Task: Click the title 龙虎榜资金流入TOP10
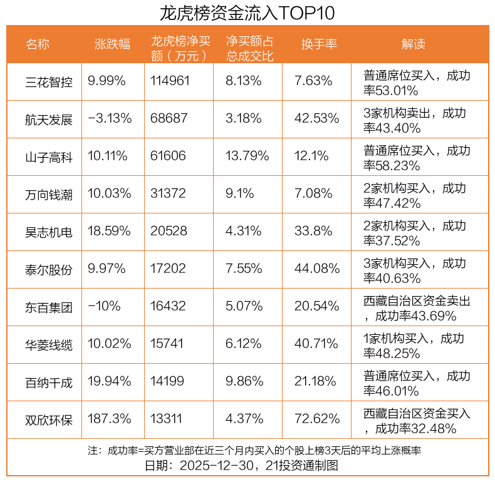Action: pos(247,13)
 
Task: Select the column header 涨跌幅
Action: pos(113,44)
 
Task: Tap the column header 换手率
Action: pos(319,44)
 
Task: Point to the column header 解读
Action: pos(414,44)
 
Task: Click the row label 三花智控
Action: pos(49,81)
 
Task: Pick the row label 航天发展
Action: pos(49,119)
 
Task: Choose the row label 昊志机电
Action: pos(49,232)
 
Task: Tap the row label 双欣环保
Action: pos(49,420)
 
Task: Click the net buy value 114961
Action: pos(170,81)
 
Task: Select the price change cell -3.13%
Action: pos(110,118)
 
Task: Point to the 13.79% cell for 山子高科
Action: pos(247,156)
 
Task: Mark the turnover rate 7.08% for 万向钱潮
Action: pos(316,194)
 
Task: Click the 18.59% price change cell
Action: pos(110,232)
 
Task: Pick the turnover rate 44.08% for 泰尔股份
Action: pos(316,270)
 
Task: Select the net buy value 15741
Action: pos(169,344)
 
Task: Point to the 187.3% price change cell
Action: pos(110,419)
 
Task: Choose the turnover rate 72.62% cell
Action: pos(316,419)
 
